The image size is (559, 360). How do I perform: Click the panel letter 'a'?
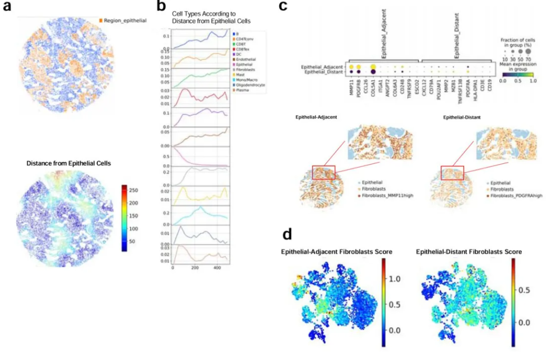pos(8,7)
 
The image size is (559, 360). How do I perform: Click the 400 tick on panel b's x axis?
pos(218,268)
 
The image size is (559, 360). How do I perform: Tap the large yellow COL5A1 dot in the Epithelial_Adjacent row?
pos(373,67)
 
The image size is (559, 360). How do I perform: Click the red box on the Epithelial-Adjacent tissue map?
pos(323,172)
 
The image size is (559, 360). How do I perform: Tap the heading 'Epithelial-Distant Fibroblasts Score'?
pos(469,252)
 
